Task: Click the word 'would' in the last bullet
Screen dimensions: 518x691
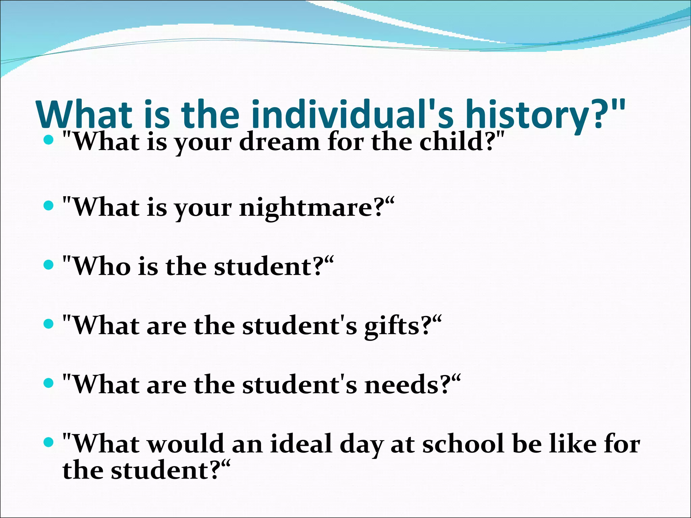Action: click(186, 444)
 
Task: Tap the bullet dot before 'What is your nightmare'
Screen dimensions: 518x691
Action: click(49, 205)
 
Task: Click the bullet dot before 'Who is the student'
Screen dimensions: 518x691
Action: click(49, 265)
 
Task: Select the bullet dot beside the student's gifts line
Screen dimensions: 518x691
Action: click(49, 324)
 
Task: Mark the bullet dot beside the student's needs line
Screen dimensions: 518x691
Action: click(49, 383)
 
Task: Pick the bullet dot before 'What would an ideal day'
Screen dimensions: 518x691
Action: click(49, 442)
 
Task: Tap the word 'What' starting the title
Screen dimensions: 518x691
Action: click(84, 115)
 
